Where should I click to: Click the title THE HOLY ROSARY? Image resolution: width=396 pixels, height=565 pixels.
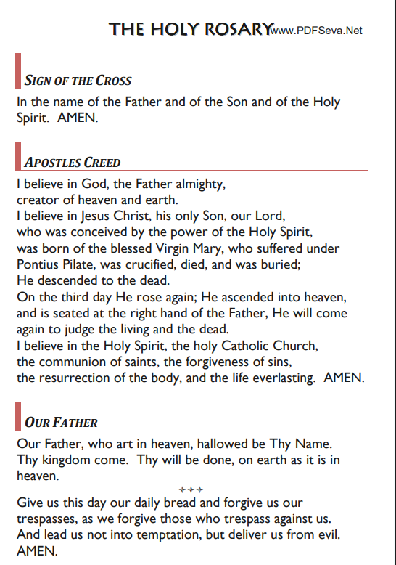click(x=190, y=29)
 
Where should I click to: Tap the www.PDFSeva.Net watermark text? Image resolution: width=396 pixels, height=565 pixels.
click(x=315, y=31)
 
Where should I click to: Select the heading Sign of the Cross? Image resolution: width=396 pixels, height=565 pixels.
click(x=78, y=80)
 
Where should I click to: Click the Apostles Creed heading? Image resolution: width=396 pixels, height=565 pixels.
click(x=73, y=162)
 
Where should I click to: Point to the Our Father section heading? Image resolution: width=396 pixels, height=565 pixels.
click(x=61, y=422)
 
